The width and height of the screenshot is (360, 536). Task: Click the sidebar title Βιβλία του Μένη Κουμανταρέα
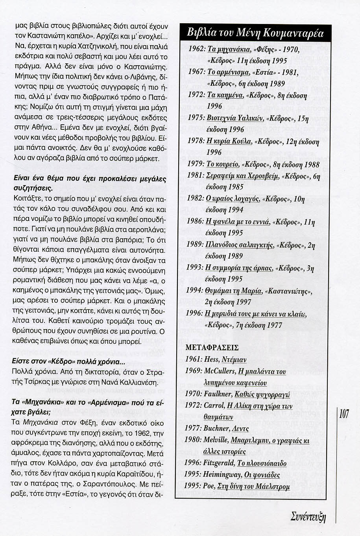click(255, 33)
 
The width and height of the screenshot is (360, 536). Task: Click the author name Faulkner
click(218, 394)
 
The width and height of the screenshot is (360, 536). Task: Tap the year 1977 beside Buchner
click(193, 428)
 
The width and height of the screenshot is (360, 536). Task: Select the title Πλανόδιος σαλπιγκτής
click(239, 245)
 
